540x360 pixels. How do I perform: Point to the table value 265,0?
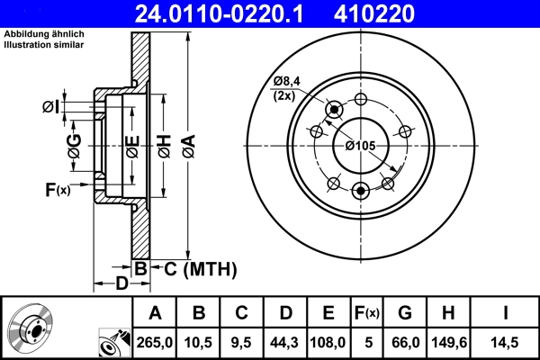point(155,341)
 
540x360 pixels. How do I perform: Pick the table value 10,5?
point(199,341)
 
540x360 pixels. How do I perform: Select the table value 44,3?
point(285,341)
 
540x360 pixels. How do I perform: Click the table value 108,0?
point(328,341)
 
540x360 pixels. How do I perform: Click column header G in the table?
point(404,314)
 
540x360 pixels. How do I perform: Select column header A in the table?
point(155,314)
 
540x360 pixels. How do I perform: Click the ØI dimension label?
point(51,107)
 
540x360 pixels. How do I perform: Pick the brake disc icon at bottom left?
point(30,328)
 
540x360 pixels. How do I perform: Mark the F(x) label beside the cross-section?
point(56,189)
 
